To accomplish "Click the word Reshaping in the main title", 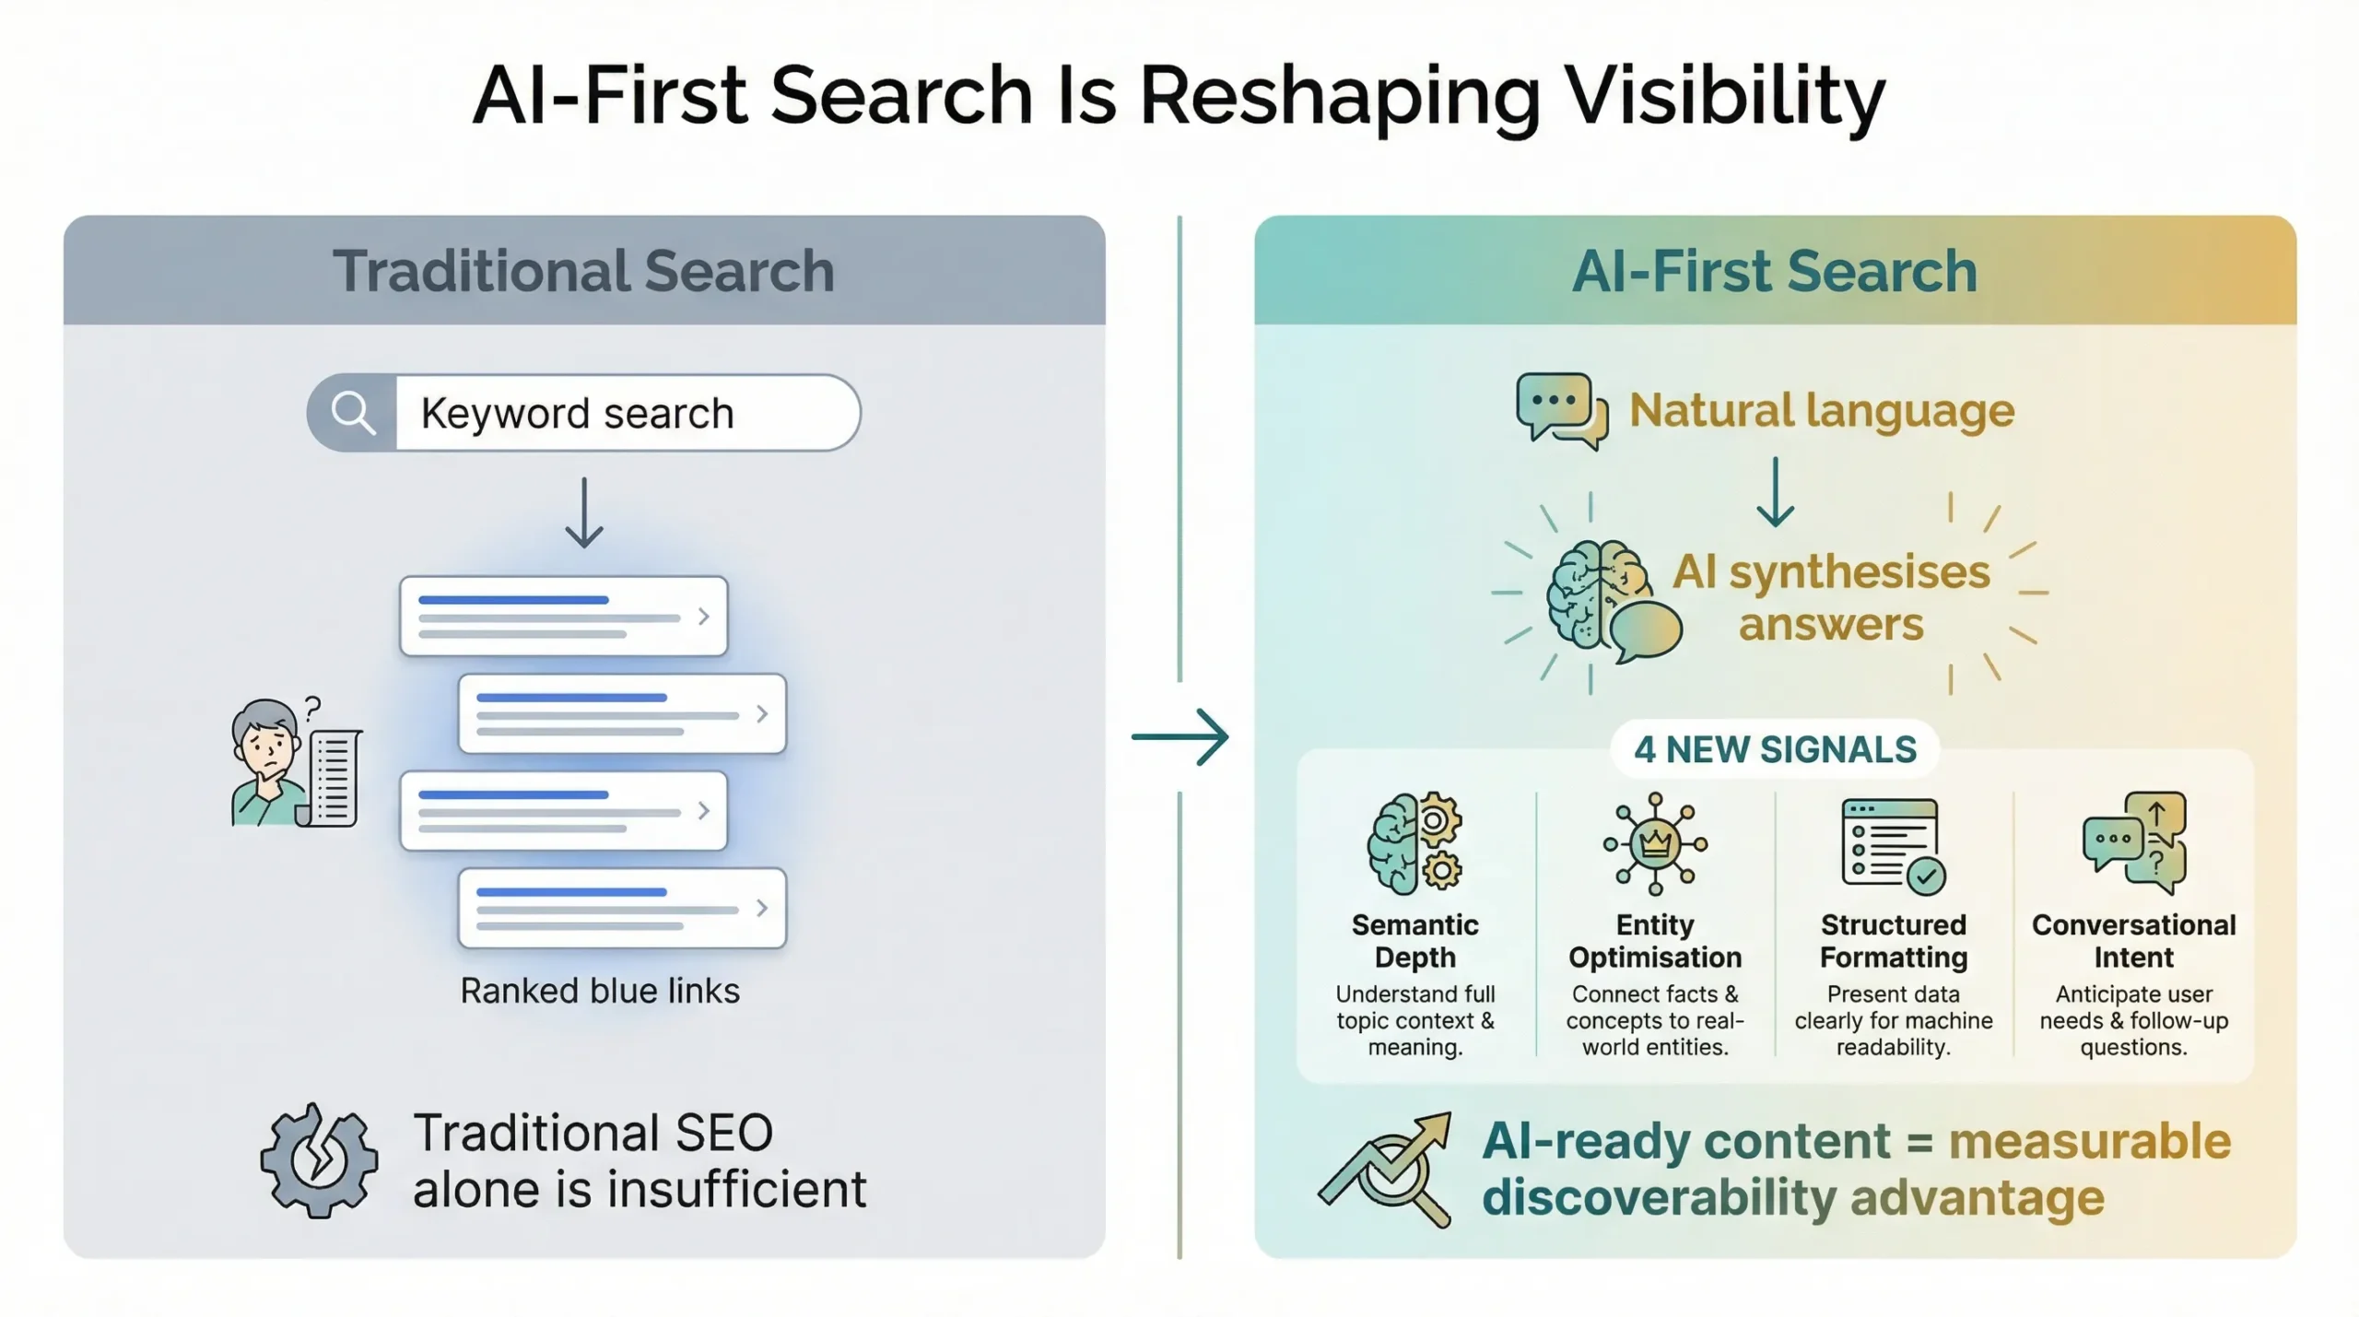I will (1340, 97).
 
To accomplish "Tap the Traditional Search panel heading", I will (583, 271).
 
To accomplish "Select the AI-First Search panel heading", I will (1775, 271).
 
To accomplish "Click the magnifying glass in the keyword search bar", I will (353, 413).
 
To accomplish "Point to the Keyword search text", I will (577, 413).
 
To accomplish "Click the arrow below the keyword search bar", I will (584, 513).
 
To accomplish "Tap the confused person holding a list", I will (294, 762).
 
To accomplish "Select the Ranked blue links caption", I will (600, 991).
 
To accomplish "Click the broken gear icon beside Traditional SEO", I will (319, 1160).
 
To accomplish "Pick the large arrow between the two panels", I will (1180, 736).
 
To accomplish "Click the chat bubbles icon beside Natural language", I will (1562, 410).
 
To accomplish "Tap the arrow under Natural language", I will (1775, 492).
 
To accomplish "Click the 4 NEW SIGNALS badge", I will (1775, 749).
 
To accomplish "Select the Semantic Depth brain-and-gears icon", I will (1414, 843).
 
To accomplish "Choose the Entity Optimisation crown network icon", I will (1655, 843).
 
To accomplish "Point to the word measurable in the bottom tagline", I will (2089, 1141).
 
